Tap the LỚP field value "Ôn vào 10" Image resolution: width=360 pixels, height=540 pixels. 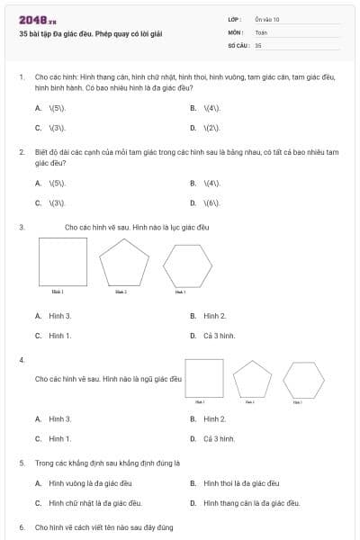click(267, 19)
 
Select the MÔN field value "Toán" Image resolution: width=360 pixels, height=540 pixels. click(261, 31)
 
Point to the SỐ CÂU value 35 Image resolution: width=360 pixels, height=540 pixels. click(258, 44)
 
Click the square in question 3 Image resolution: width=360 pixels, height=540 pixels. click(63, 262)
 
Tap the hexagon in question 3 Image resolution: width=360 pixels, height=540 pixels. click(187, 265)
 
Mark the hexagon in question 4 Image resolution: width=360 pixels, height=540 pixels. click(303, 380)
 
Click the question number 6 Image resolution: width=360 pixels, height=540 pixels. click(22, 526)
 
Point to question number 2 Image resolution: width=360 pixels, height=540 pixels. click(22, 152)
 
